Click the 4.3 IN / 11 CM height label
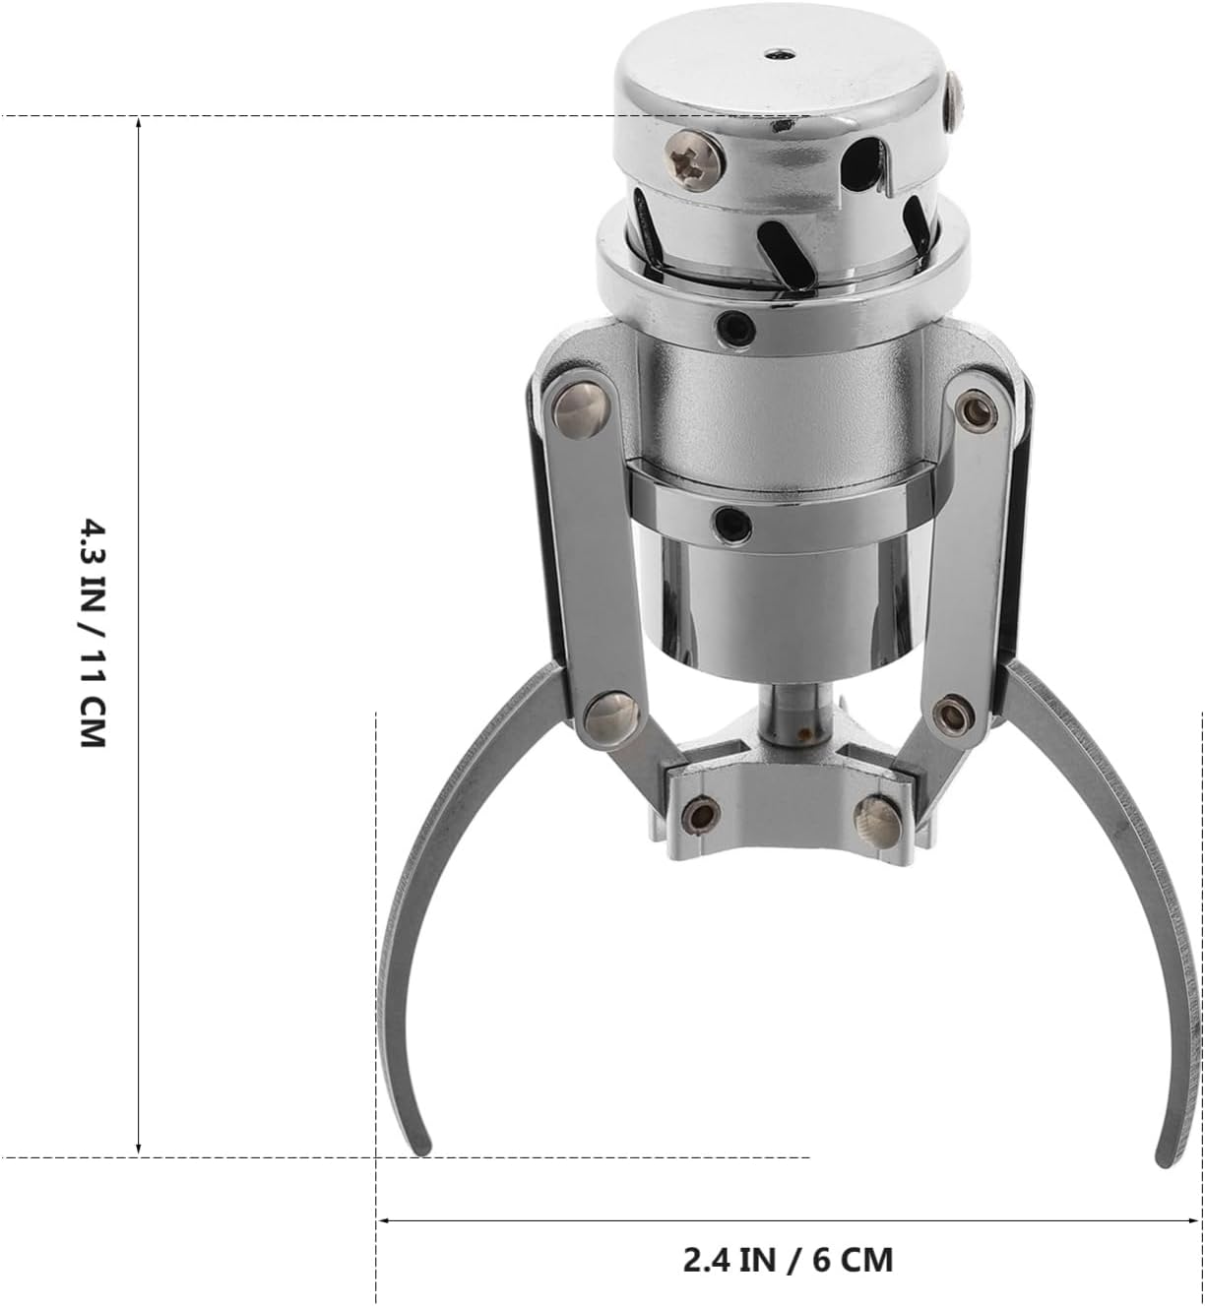click(93, 634)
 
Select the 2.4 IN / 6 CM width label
click(789, 1242)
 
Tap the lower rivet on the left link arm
click(611, 719)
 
